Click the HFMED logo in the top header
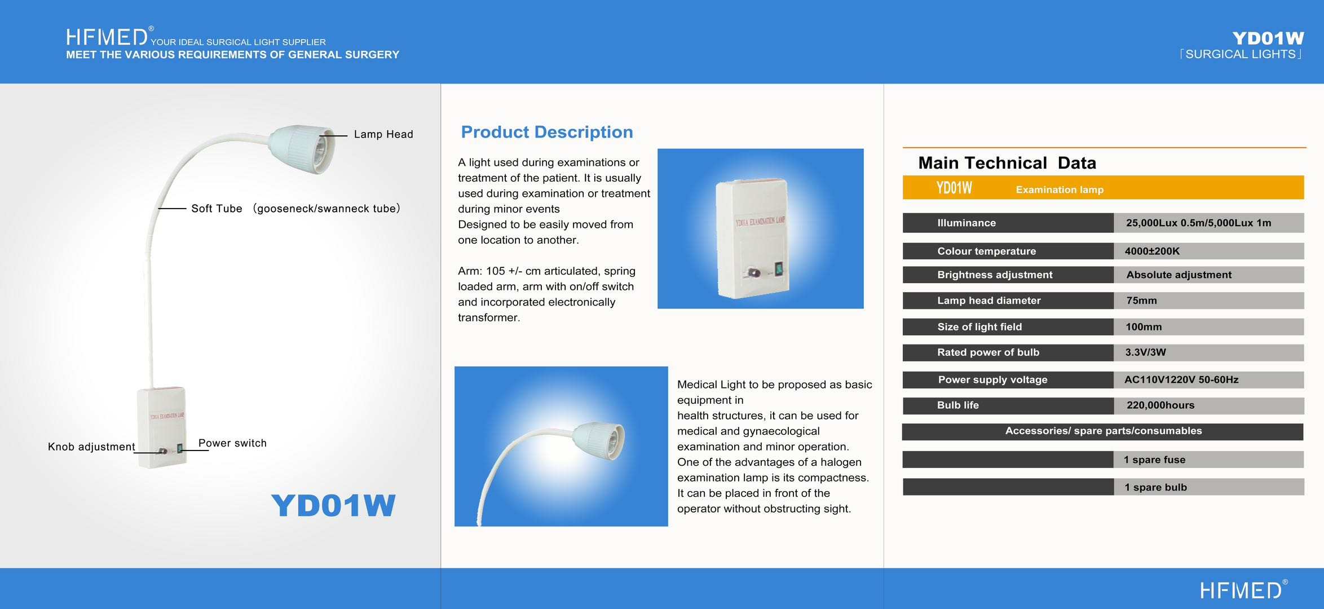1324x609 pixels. point(107,37)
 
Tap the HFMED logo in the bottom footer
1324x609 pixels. point(1243,589)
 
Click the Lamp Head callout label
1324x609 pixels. point(383,134)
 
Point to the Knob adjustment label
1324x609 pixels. point(91,447)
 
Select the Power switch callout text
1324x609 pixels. point(232,443)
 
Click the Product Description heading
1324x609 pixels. point(547,132)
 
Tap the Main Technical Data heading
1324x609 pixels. point(1007,163)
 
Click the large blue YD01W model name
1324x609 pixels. point(333,505)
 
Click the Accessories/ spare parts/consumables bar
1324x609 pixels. point(1103,431)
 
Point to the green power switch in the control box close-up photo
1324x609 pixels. point(779,270)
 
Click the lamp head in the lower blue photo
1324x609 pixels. point(599,440)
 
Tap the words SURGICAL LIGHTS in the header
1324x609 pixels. point(1241,54)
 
